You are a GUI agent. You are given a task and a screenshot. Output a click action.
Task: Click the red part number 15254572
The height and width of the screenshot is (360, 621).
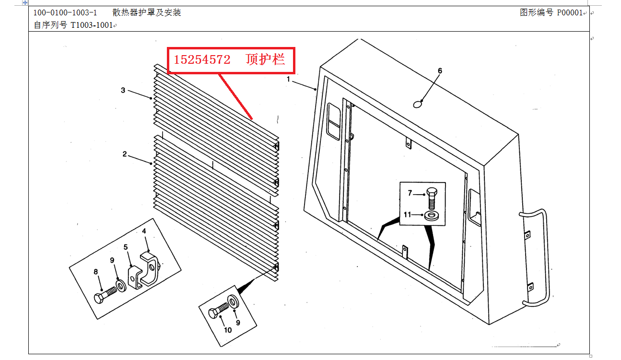point(202,60)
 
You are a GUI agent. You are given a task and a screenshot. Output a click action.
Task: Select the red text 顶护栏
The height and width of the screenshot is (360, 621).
point(265,60)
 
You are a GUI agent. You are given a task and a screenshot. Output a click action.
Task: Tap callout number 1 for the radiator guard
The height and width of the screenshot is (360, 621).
point(289,79)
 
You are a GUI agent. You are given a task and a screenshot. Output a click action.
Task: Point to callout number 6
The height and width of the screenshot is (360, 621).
point(440,71)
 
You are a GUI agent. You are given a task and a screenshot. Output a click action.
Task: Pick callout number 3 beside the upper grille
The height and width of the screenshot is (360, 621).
point(123,90)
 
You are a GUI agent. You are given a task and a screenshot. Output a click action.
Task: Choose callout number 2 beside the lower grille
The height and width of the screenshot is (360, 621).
point(125,154)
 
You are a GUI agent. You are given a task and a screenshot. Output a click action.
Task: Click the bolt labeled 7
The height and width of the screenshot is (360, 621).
point(431,197)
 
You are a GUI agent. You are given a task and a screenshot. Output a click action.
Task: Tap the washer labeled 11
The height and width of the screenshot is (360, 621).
point(432,215)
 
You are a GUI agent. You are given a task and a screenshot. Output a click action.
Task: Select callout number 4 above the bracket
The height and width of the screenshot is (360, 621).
point(144,231)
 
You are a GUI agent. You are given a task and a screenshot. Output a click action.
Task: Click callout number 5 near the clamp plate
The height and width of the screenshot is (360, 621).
point(126,247)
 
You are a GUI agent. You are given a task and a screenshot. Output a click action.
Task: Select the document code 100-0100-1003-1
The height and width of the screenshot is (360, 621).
point(65,12)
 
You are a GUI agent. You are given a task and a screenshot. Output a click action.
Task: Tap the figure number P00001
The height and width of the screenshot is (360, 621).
point(569,12)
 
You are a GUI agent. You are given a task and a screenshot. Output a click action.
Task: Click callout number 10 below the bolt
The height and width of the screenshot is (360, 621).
point(228,330)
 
